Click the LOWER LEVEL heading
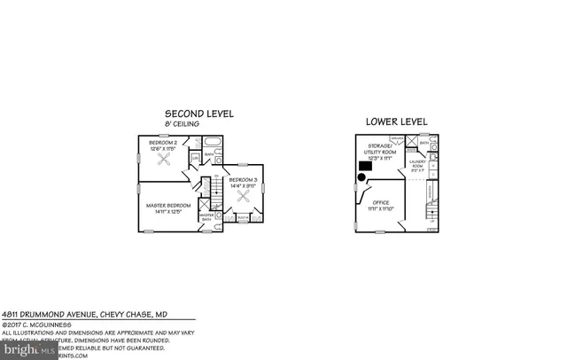pyautogui.click(x=397, y=121)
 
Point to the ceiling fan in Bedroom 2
pyautogui.click(x=162, y=161)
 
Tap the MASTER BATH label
pyautogui.click(x=206, y=217)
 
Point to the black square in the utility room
pyautogui.click(x=364, y=165)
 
